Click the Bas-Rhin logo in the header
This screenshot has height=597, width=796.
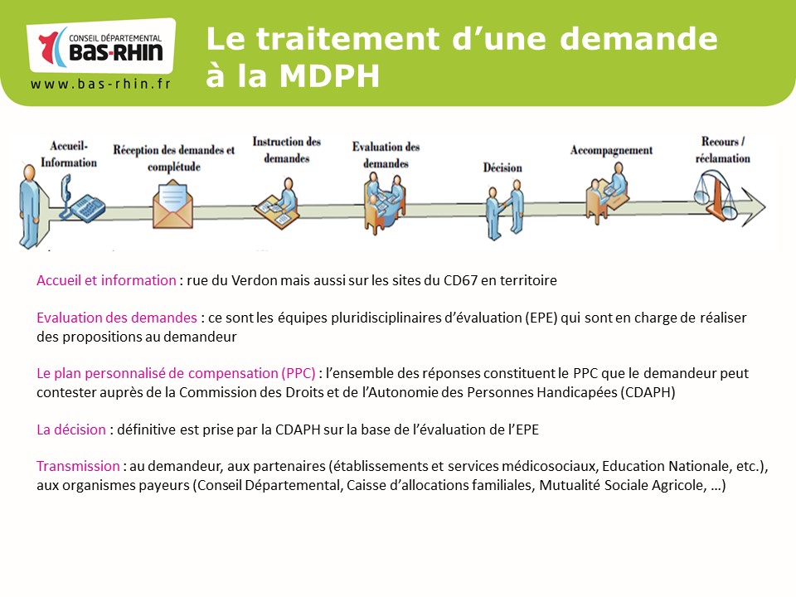point(101,46)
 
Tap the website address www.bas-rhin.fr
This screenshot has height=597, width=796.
point(100,84)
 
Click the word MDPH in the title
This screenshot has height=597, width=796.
point(329,75)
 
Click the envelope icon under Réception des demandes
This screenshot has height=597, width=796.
point(172,206)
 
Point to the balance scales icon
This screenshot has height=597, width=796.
point(716,195)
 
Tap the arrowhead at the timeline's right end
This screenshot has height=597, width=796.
point(754,206)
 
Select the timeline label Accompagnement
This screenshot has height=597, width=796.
point(611,150)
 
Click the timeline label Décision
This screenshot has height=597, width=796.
point(502,167)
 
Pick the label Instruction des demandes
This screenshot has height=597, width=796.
point(287,150)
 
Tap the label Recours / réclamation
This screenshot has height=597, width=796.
point(723,150)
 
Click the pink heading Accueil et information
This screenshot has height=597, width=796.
point(106,280)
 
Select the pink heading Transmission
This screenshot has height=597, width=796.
point(78,466)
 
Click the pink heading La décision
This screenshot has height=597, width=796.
point(71,430)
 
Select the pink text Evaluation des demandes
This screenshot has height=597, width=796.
point(117,318)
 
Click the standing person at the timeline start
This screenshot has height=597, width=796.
point(30,206)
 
